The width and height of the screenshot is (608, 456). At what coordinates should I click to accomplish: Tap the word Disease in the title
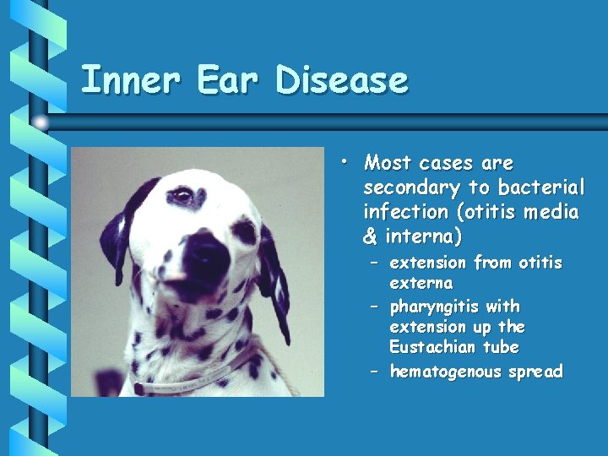pyautogui.click(x=341, y=81)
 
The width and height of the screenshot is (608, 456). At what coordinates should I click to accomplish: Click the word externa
pyautogui.click(x=421, y=283)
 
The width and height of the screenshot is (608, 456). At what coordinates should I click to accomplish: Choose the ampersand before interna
pyautogui.click(x=370, y=236)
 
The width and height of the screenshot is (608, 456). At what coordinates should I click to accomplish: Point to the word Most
pyautogui.click(x=388, y=163)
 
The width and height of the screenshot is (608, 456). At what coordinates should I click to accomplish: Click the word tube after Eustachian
pyautogui.click(x=501, y=347)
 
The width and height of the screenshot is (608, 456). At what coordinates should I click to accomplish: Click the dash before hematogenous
pyautogui.click(x=373, y=372)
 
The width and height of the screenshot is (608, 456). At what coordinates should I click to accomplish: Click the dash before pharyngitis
pyautogui.click(x=373, y=306)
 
